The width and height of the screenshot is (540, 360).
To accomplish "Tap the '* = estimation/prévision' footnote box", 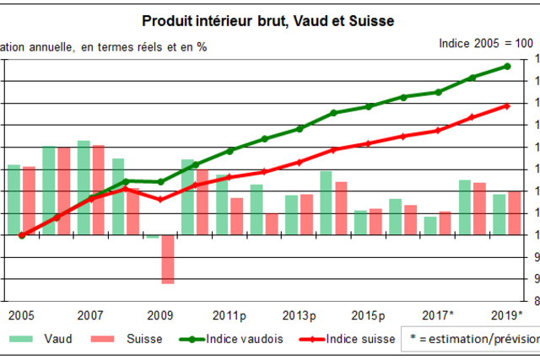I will tap(472, 339).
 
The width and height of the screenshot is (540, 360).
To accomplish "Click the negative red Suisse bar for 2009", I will tap(168, 259).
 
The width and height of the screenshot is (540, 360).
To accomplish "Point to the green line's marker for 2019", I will tap(507, 66).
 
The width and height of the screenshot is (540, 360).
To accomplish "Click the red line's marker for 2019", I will tap(507, 105).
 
